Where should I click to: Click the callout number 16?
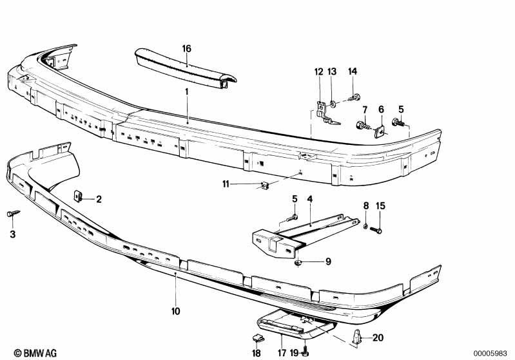click(186, 49)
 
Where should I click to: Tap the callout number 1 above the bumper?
click(186, 91)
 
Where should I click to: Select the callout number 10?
click(176, 311)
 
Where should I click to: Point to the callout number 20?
click(378, 337)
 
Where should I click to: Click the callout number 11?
click(226, 184)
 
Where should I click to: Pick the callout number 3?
click(12, 234)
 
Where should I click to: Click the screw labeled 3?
click(13, 214)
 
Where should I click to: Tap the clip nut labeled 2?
click(77, 196)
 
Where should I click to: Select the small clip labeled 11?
click(265, 185)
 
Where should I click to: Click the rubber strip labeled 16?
click(185, 67)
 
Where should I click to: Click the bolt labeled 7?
click(364, 126)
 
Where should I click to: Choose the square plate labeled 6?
click(380, 131)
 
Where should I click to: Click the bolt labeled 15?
click(376, 231)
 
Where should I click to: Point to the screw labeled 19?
click(306, 349)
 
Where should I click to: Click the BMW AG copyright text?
click(35, 353)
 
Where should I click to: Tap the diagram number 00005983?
click(490, 354)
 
